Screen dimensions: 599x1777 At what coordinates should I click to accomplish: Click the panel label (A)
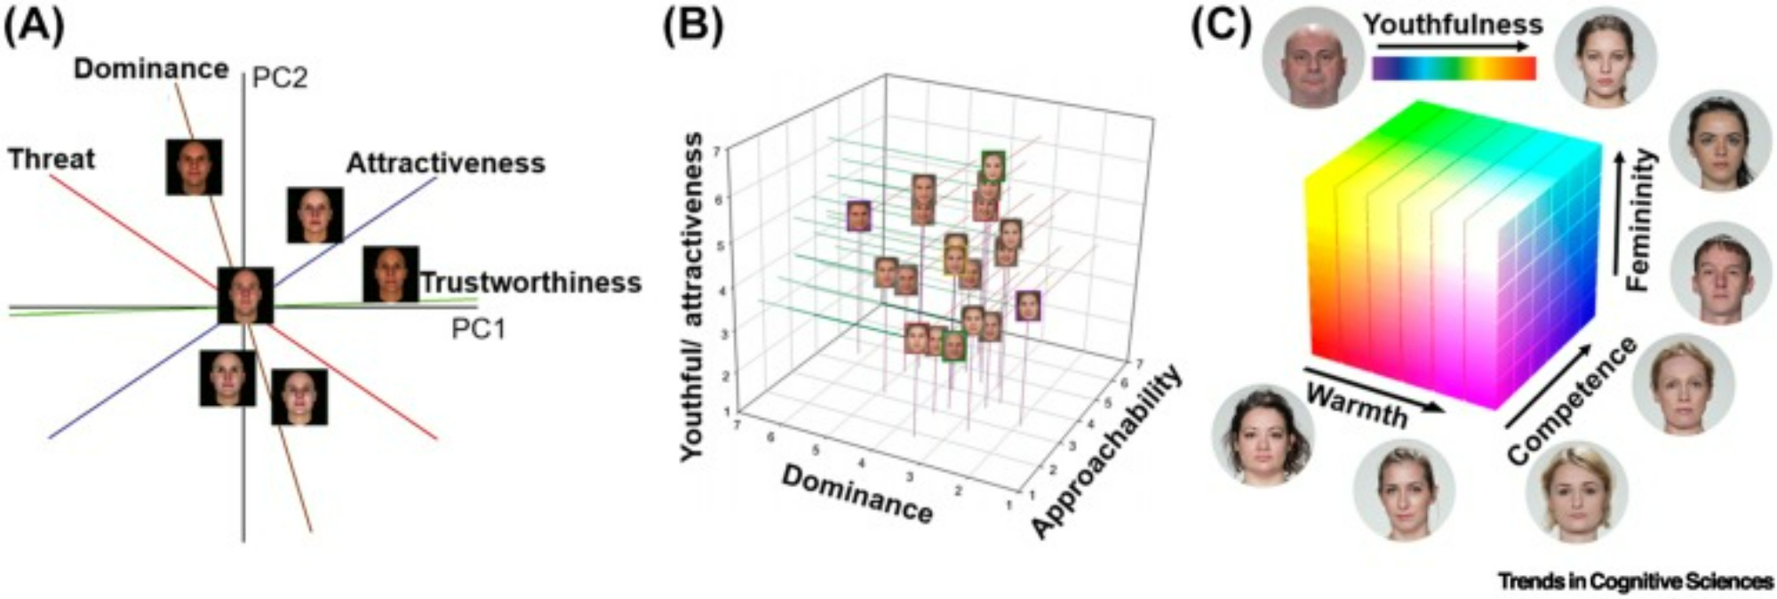tap(34, 28)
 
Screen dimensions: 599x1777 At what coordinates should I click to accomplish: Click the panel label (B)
tap(693, 28)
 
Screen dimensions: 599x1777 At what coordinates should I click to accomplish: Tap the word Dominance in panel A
tap(151, 69)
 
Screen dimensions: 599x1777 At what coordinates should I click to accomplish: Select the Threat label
tap(51, 160)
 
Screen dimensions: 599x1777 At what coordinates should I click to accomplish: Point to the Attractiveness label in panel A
tap(445, 164)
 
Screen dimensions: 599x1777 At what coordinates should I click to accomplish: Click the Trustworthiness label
tap(530, 283)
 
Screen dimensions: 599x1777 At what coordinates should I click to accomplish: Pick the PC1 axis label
tap(478, 329)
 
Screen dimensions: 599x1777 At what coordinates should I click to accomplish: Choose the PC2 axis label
tap(280, 78)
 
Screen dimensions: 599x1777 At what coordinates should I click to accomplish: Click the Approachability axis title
tap(1107, 451)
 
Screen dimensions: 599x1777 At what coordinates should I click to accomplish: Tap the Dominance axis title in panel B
tap(857, 494)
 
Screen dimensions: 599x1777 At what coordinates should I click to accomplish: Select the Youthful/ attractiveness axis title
tap(694, 297)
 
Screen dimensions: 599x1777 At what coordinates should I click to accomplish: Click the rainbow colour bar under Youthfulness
tap(1454, 68)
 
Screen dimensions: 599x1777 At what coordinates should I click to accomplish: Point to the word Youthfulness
tap(1454, 24)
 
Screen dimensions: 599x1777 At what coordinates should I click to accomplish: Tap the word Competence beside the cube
tap(1571, 400)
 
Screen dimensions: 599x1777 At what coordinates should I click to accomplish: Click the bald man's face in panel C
tap(1312, 59)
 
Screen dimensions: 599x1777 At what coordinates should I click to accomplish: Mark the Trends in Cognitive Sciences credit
tap(1635, 581)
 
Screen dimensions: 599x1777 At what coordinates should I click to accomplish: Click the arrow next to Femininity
tap(1619, 213)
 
